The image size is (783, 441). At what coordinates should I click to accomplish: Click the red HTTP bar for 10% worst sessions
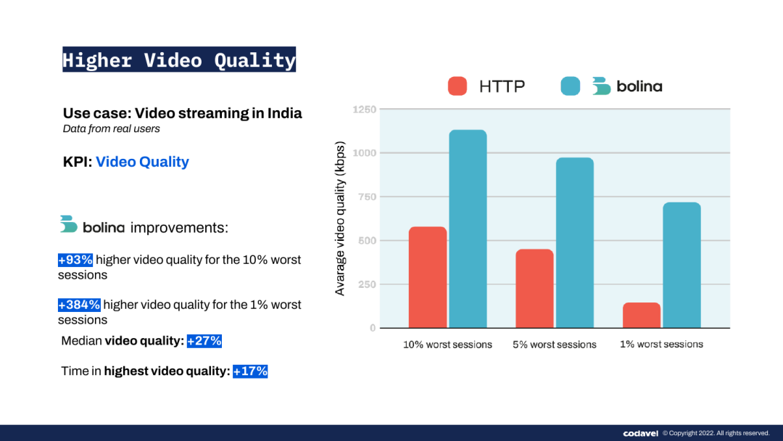point(428,277)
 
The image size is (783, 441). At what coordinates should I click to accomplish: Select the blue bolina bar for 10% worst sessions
point(468,228)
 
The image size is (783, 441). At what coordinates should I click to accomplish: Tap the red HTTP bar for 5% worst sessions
point(535,288)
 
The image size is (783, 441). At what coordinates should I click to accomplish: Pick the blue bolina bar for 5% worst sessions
point(575,243)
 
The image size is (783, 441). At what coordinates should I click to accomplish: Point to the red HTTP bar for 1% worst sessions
point(642,315)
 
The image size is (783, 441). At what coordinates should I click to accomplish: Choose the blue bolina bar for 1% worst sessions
point(681,265)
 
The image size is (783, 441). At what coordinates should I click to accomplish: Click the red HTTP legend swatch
point(457,86)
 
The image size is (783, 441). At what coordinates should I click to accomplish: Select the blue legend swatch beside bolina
point(571,86)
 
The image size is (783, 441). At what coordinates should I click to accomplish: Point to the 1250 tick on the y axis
point(365,110)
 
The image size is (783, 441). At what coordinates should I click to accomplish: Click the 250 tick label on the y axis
point(367,284)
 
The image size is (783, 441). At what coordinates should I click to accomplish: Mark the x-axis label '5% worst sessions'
point(555,345)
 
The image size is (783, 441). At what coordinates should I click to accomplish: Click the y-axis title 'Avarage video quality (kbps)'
point(340,219)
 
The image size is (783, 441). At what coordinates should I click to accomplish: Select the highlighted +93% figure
point(75,260)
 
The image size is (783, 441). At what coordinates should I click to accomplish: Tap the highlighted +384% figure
point(80,305)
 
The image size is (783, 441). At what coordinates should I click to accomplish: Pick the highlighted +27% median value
point(204,341)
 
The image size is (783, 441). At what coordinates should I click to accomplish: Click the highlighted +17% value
point(250,371)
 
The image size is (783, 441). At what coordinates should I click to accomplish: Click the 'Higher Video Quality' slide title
point(179,59)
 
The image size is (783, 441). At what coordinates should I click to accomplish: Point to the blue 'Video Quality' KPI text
point(142,162)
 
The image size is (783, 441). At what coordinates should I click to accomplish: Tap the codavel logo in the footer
point(641,433)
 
